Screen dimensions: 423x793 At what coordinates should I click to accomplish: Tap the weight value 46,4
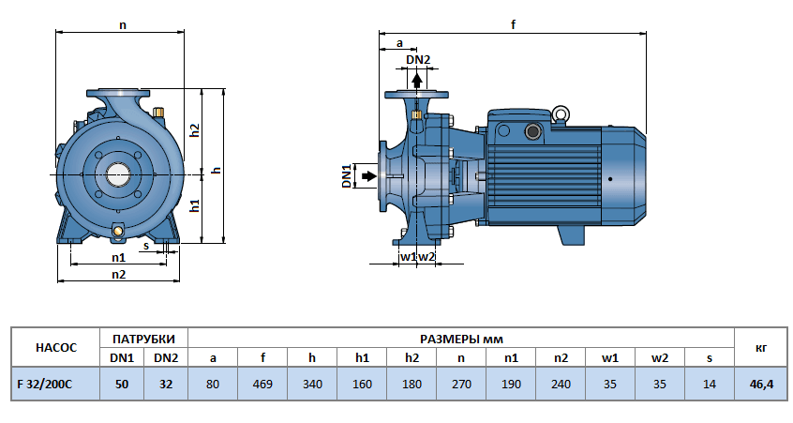(x=761, y=384)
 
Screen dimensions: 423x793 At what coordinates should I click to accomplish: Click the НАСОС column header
(x=54, y=347)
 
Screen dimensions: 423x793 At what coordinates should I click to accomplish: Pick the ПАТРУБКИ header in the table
(x=143, y=338)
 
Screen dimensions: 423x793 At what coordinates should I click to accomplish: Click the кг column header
(x=761, y=347)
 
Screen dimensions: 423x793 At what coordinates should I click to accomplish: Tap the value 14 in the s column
(x=709, y=384)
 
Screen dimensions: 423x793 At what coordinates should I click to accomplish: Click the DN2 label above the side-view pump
(x=418, y=60)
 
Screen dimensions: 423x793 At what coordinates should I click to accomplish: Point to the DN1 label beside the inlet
(x=346, y=175)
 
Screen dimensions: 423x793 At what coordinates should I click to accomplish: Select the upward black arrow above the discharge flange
(x=418, y=80)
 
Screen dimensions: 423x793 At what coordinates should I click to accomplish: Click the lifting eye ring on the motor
(x=561, y=115)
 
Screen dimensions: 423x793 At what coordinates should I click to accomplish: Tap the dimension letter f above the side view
(x=514, y=25)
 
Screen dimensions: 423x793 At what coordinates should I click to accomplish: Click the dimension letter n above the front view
(x=123, y=25)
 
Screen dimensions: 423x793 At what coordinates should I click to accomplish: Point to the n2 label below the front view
(x=119, y=274)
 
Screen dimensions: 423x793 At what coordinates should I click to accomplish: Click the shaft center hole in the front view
(x=119, y=174)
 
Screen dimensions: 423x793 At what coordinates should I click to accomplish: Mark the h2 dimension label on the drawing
(x=195, y=130)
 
